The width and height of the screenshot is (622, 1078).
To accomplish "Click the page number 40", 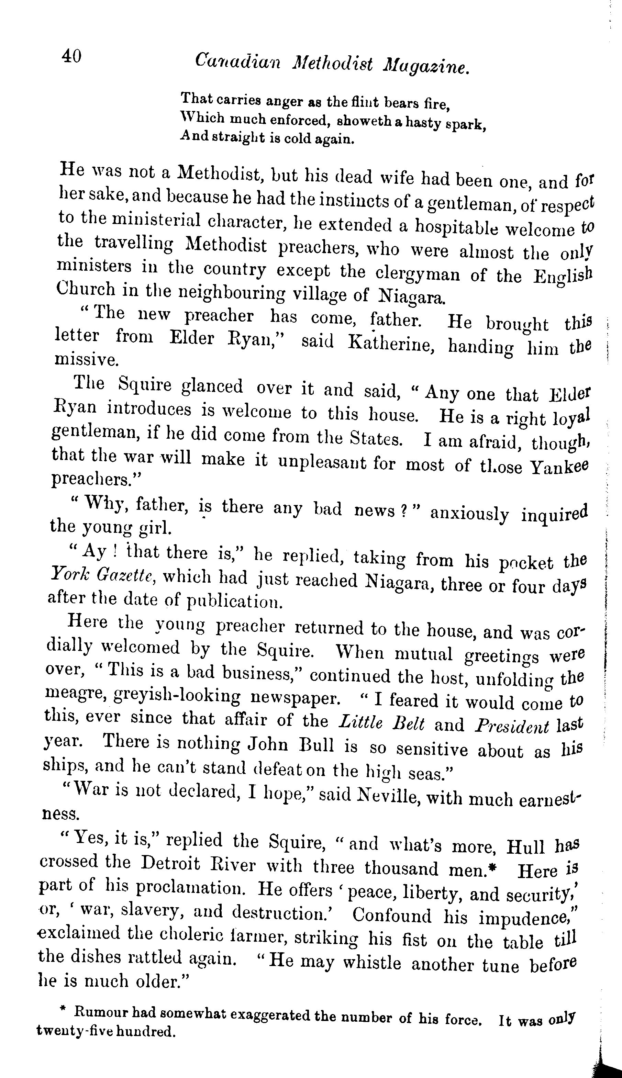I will coord(71,56).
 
